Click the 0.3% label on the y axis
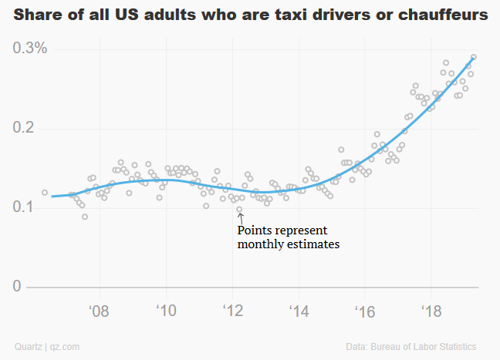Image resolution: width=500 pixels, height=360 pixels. (30, 48)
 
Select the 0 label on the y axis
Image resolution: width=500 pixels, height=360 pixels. (18, 287)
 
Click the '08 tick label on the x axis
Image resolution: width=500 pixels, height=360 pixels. (99, 311)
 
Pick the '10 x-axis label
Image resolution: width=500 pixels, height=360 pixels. (166, 311)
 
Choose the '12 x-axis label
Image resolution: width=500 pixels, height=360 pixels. (232, 311)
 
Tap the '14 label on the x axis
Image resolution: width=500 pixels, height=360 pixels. (298, 311)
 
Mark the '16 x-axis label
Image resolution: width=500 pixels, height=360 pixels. (364, 311)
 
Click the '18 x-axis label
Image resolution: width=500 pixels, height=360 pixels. (431, 311)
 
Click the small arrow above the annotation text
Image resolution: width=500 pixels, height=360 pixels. (240, 218)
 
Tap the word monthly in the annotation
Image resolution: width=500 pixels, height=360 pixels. (262, 244)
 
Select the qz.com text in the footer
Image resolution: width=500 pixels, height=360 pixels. (66, 346)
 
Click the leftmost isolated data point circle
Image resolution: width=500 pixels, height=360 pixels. (45, 192)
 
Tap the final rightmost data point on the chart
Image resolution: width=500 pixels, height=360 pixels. (474, 56)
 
